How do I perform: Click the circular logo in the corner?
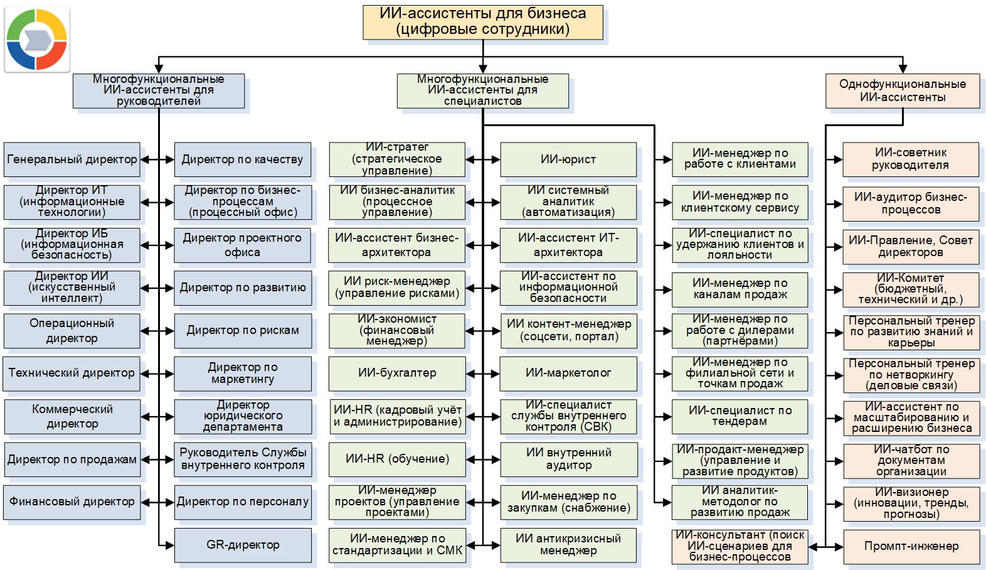pyautogui.click(x=37, y=40)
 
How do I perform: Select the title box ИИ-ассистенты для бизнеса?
pyautogui.click(x=483, y=22)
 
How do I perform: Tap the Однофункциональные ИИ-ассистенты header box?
pyautogui.click(x=903, y=91)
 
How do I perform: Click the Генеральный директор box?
pyautogui.click(x=72, y=159)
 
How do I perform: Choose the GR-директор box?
pyautogui.click(x=243, y=545)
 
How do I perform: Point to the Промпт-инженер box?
pyautogui.click(x=911, y=546)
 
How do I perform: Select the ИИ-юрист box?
pyautogui.click(x=568, y=159)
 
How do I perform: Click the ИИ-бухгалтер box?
pyautogui.click(x=397, y=374)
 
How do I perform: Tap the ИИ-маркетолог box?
pyautogui.click(x=568, y=374)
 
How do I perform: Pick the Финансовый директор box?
pyautogui.click(x=72, y=502)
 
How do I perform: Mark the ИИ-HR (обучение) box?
pyautogui.click(x=397, y=460)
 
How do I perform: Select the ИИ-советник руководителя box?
pyautogui.click(x=911, y=159)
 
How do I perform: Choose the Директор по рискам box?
pyautogui.click(x=243, y=331)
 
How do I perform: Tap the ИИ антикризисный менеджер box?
pyautogui.click(x=568, y=545)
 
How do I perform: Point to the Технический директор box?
pyautogui.click(x=72, y=374)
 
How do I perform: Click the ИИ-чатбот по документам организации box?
pyautogui.click(x=911, y=461)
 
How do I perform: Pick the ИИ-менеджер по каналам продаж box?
pyautogui.click(x=740, y=289)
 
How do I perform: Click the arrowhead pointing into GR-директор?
pyautogui.click(x=169, y=546)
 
